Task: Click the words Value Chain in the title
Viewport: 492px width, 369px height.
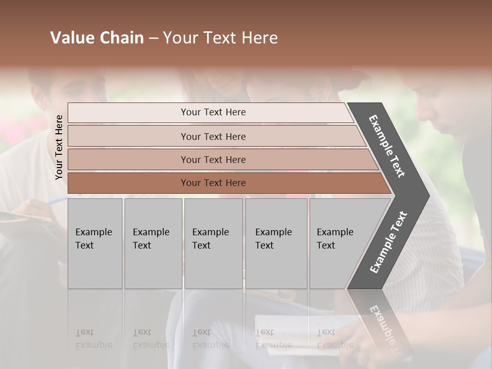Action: coord(97,38)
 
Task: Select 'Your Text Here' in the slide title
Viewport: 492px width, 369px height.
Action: coord(220,38)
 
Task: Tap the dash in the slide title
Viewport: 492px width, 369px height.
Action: coord(153,38)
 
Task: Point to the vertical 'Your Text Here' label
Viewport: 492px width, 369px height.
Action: coord(59,147)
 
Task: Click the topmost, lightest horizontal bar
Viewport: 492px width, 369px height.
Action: coord(128,112)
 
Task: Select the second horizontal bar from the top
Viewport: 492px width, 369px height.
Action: coord(128,136)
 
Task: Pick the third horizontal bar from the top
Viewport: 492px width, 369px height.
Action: coord(128,159)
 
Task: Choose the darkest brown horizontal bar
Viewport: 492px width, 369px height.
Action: coord(128,183)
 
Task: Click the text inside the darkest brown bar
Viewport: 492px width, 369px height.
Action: coord(213,183)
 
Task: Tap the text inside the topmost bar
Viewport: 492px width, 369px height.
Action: coord(213,112)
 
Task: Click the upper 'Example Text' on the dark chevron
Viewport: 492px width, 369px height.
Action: coord(387,146)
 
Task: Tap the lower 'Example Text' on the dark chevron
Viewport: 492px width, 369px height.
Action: coord(388,242)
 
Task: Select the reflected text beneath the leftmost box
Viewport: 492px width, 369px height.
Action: coord(94,339)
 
